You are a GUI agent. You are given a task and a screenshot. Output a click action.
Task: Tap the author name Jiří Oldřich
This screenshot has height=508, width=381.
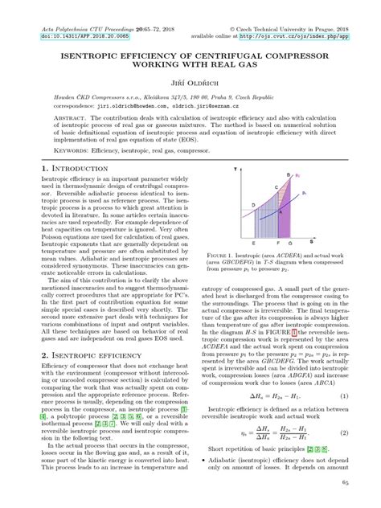[x=191, y=83]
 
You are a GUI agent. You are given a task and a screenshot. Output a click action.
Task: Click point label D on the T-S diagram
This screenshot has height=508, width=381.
[x=254, y=206]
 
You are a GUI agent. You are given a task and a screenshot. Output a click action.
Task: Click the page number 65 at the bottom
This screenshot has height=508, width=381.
[x=344, y=481]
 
